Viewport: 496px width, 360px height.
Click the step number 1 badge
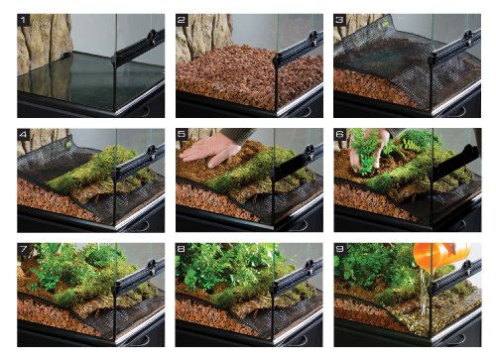(x=24, y=21)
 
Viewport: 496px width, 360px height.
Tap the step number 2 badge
(x=183, y=21)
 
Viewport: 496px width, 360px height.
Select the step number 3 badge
(x=341, y=21)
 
